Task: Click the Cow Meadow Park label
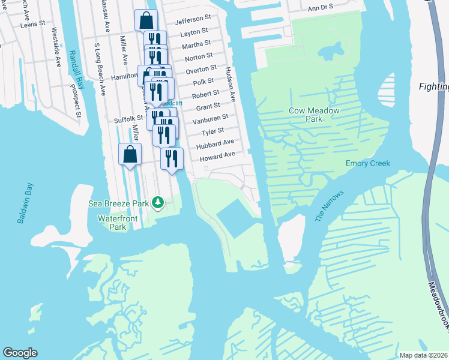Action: [314, 115]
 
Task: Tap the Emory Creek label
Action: [368, 163]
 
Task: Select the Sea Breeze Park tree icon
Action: [158, 203]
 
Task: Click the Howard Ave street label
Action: [217, 155]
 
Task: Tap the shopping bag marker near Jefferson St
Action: [146, 21]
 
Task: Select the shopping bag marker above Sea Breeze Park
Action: [130, 155]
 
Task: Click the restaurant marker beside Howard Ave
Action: [172, 158]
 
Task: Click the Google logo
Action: [20, 353]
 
